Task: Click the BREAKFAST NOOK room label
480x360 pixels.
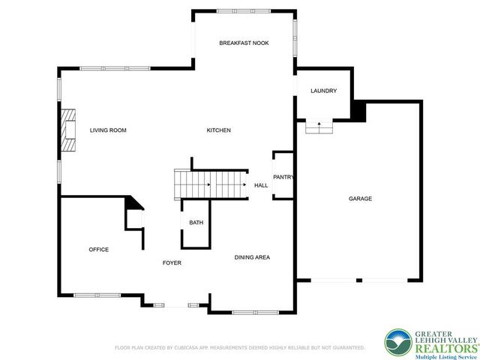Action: [x=244, y=43]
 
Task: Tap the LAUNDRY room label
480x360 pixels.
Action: [x=323, y=91]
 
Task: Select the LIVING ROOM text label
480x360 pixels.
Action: [x=108, y=130]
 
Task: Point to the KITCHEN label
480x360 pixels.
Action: [x=218, y=130]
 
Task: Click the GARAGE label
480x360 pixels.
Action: [x=360, y=199]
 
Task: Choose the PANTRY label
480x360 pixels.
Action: [x=283, y=178]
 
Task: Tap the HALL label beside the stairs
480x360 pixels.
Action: [x=261, y=185]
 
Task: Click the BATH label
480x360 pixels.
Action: [x=196, y=223]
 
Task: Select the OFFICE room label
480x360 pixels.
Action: [x=99, y=250]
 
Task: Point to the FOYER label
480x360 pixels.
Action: [x=172, y=263]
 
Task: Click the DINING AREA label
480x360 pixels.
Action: [x=252, y=257]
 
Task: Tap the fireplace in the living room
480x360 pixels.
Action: [x=70, y=131]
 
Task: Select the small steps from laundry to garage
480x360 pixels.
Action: [x=319, y=128]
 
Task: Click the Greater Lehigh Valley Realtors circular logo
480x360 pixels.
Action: [x=398, y=343]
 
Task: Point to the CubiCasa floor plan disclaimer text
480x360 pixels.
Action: [x=239, y=348]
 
